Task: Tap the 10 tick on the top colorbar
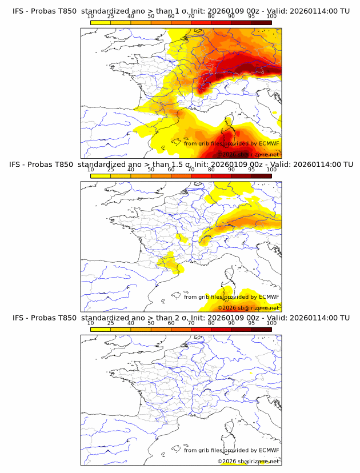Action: [91, 16]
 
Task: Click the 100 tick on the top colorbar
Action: [271, 16]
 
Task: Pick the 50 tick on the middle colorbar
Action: [151, 170]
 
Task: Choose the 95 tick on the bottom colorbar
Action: [251, 323]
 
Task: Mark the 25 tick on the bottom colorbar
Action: [111, 323]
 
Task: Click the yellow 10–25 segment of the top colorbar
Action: [101, 22]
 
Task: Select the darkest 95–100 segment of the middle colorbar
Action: [261, 176]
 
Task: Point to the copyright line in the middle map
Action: [248, 308]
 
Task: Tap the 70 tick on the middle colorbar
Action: [191, 170]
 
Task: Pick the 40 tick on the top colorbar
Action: [131, 16]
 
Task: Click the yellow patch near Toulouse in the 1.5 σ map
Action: [167, 262]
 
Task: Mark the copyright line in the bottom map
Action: [248, 461]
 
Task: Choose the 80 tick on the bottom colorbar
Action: [211, 323]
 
